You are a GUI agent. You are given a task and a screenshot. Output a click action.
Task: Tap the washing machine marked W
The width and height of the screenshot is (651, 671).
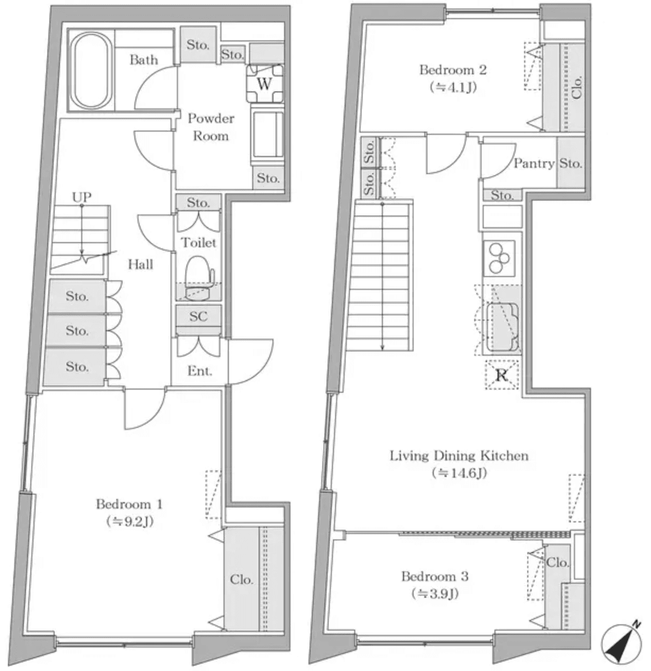click(x=264, y=84)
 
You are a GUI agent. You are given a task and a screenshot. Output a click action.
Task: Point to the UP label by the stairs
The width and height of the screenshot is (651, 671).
click(x=81, y=197)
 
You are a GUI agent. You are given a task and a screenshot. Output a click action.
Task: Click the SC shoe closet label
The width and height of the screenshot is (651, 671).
click(x=198, y=316)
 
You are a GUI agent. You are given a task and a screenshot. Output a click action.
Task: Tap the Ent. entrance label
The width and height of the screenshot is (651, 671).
click(x=199, y=371)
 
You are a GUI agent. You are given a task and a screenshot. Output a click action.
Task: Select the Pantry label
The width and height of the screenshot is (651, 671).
click(x=533, y=164)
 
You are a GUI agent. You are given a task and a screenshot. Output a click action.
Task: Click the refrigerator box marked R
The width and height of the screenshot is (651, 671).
click(x=501, y=375)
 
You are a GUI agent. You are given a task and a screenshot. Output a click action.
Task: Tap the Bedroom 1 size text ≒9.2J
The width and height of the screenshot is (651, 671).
click(x=130, y=521)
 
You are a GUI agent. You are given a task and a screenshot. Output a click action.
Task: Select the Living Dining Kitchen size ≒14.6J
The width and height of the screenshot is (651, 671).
click(x=459, y=472)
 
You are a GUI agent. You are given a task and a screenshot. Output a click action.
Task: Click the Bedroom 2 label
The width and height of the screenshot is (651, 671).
click(x=453, y=70)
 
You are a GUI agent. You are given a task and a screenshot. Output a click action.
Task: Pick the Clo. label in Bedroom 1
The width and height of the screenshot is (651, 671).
click(x=241, y=579)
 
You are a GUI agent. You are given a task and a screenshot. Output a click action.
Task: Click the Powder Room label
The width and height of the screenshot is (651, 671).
click(x=211, y=127)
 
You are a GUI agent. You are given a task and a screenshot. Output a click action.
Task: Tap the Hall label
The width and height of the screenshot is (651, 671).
click(x=141, y=264)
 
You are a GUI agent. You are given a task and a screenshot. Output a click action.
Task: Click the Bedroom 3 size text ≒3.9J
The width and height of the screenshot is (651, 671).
click(x=435, y=593)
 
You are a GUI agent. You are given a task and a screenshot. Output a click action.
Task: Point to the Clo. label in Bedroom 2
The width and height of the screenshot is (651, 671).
click(x=577, y=88)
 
